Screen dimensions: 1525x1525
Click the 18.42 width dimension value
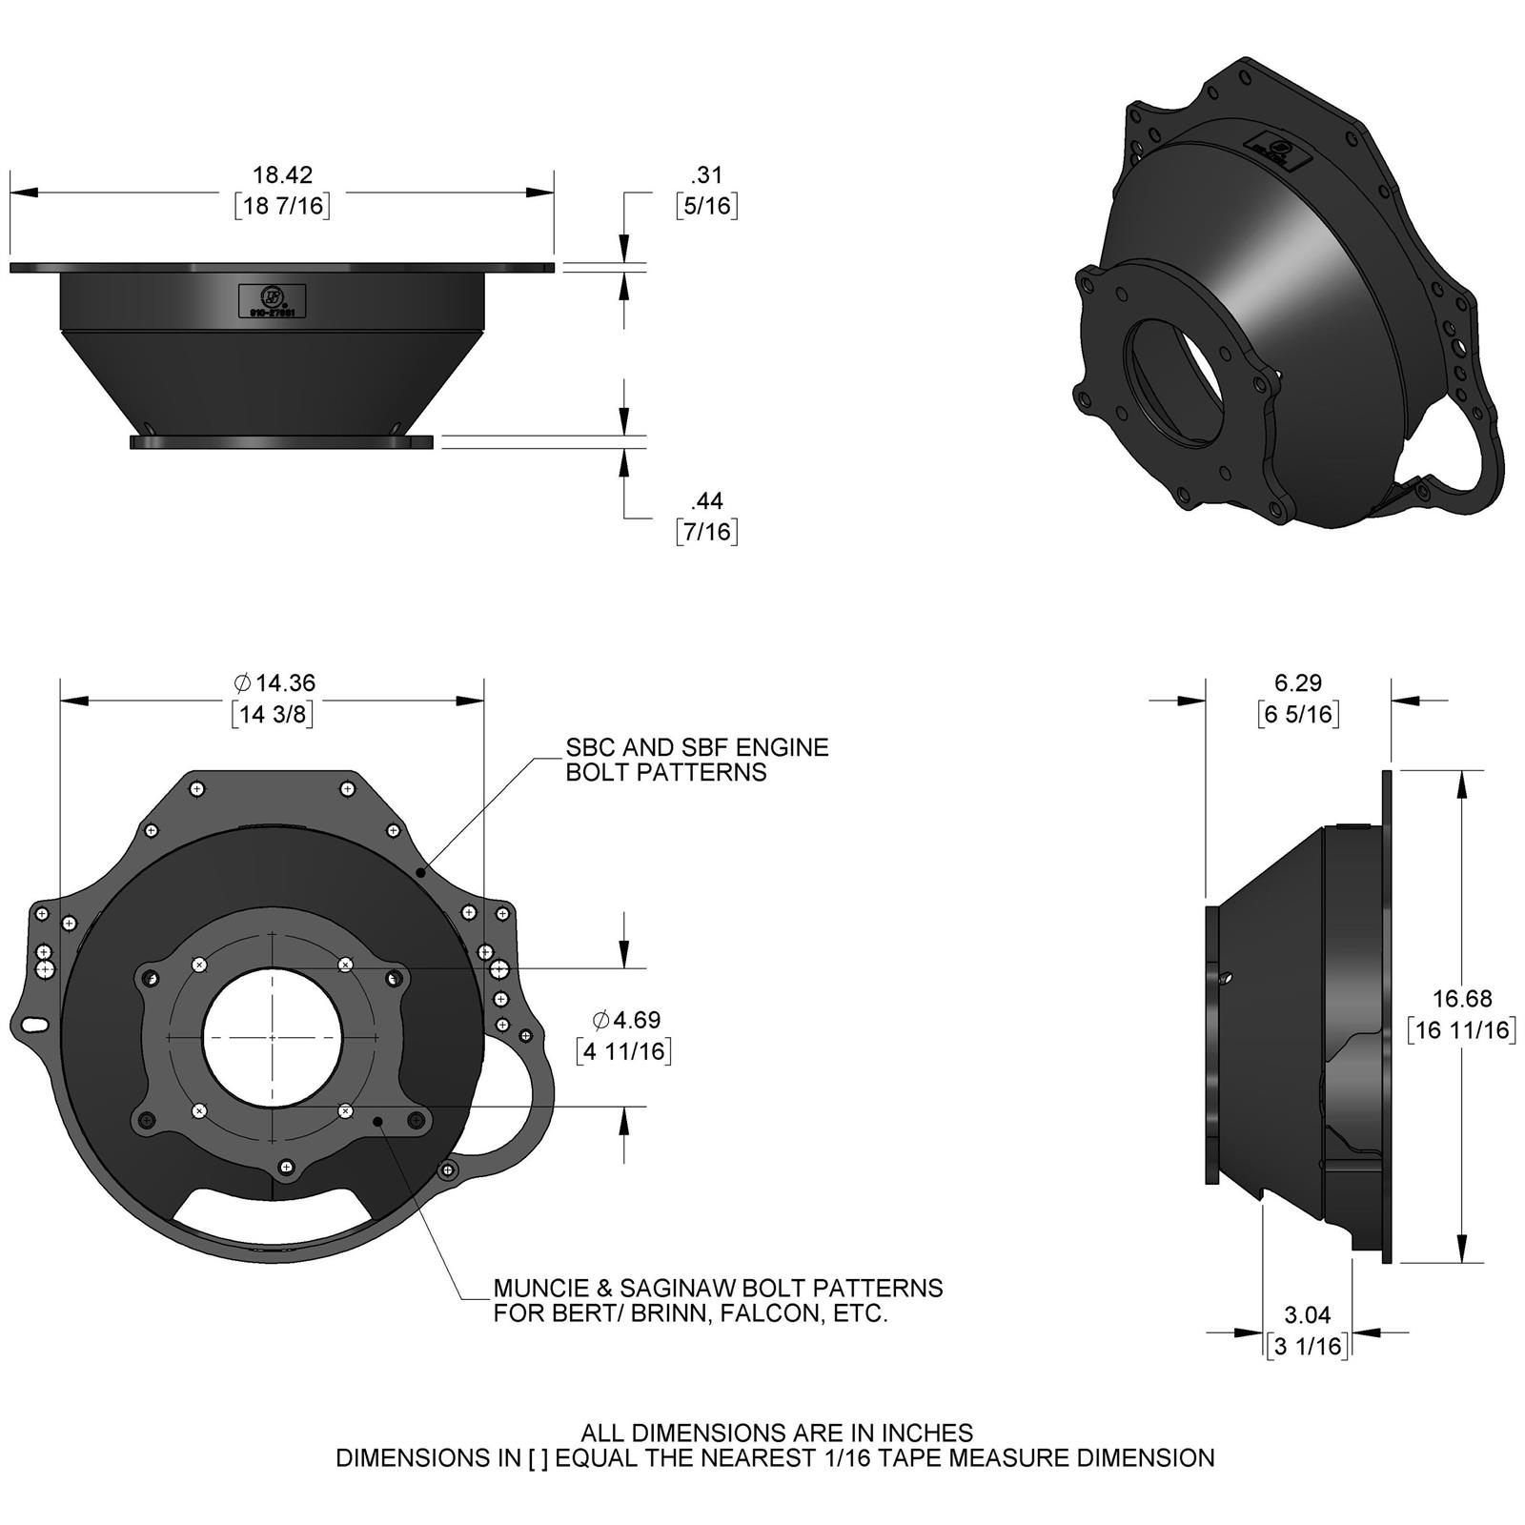coord(282,174)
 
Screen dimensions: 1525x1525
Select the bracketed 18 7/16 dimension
coord(282,206)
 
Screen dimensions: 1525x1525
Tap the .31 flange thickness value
coord(706,174)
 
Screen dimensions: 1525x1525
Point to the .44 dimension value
coord(706,499)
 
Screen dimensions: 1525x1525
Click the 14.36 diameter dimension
coord(274,682)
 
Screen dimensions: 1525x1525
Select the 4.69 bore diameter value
coord(626,1020)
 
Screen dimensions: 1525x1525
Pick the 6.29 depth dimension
coord(1298,682)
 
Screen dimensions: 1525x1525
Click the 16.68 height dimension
coord(1462,998)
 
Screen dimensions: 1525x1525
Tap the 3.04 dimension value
coord(1307,1314)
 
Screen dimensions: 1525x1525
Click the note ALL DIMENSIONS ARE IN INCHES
coord(777,1433)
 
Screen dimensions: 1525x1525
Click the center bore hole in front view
coord(274,1037)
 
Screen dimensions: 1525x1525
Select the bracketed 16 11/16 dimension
coord(1462,1029)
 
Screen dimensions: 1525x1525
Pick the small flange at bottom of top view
coord(282,442)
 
